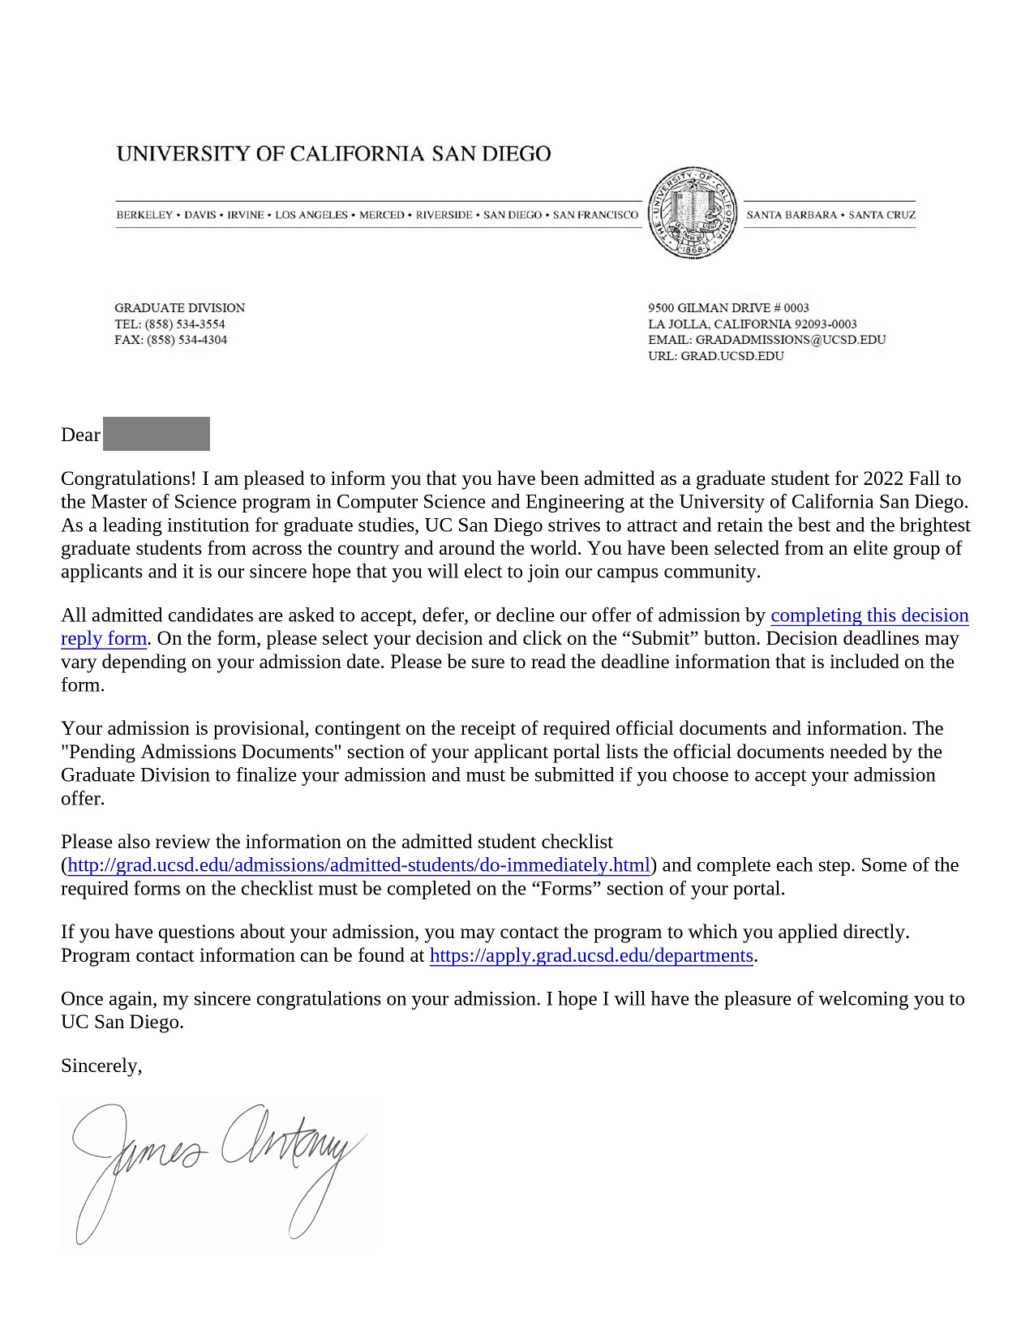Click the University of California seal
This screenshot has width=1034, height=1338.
(693, 213)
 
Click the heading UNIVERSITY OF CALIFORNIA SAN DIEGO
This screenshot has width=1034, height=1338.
(333, 154)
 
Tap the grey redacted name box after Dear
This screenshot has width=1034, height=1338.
(157, 434)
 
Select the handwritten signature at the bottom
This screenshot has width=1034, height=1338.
(219, 1168)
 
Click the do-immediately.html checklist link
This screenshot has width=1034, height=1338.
(359, 865)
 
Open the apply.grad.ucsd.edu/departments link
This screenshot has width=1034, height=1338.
(591, 955)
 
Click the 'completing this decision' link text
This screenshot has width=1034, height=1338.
(869, 615)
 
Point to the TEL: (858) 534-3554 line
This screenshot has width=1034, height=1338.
(169, 324)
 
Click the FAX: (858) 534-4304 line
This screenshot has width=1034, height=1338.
(170, 340)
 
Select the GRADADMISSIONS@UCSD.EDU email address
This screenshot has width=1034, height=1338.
(790, 340)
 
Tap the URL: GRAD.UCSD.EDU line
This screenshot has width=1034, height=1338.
(716, 356)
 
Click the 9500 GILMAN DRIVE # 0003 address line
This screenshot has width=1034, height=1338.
(728, 308)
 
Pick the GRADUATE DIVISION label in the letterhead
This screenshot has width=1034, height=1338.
(179, 308)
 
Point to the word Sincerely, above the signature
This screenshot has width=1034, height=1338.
(101, 1066)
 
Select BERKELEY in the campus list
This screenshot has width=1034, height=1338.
(144, 215)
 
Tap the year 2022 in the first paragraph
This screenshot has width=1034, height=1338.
(883, 479)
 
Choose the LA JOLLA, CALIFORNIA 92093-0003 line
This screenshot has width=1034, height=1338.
(752, 324)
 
